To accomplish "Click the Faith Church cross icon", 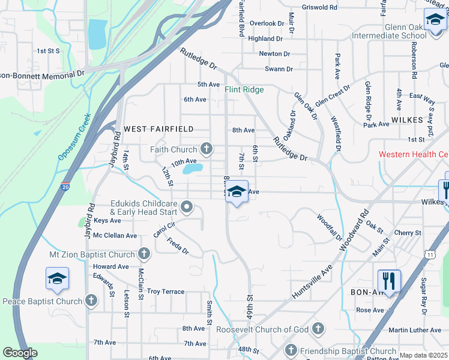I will (x=206, y=149).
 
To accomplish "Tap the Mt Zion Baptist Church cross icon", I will (x=144, y=254).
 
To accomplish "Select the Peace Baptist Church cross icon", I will (x=91, y=300).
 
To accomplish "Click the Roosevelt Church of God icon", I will (x=318, y=329).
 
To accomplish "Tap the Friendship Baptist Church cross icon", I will (x=291, y=350).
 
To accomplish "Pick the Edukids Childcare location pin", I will (x=187, y=208).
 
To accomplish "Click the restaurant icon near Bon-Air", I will (x=389, y=280).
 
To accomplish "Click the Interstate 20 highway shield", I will (x=65, y=187).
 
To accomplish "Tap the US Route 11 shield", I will (x=430, y=254).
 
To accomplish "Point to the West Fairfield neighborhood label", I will (x=158, y=129).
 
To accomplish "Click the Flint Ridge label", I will (x=244, y=90).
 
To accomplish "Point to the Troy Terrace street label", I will (x=166, y=292).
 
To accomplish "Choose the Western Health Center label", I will (x=413, y=154).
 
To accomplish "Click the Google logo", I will (x=20, y=353).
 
